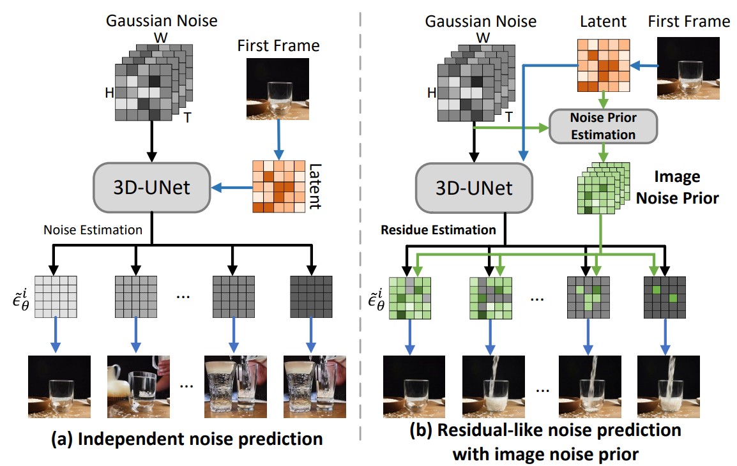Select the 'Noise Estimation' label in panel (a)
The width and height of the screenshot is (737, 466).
[x=93, y=229]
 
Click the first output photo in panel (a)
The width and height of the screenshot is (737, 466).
[x=56, y=387]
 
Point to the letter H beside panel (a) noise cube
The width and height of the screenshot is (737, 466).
[x=109, y=94]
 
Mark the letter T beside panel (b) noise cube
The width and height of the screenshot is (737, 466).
[x=508, y=117]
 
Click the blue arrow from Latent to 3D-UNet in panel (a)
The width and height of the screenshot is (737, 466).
[x=230, y=188]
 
